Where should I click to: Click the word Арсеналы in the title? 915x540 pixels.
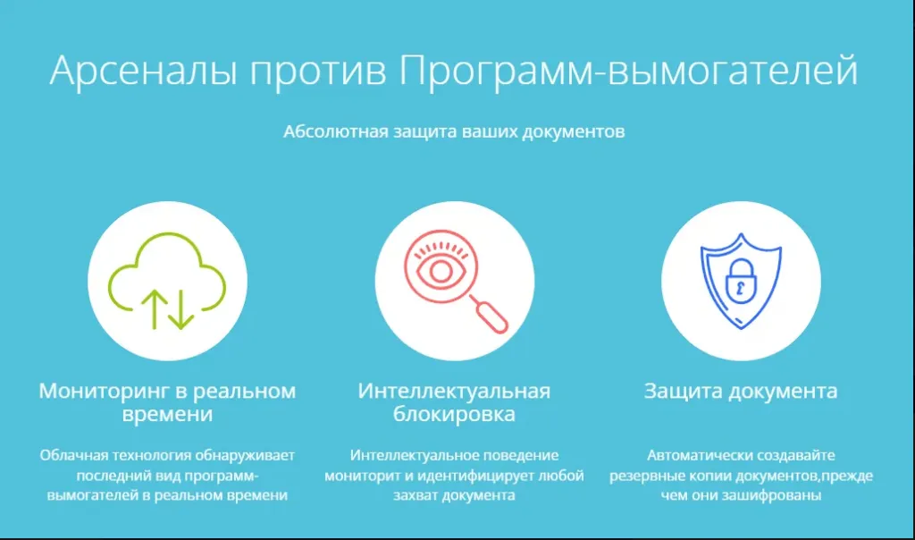[144, 72]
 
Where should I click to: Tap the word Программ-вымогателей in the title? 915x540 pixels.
[628, 72]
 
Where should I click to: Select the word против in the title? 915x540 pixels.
[319, 73]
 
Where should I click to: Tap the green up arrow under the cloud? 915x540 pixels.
[154, 309]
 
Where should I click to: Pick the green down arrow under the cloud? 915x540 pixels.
[180, 309]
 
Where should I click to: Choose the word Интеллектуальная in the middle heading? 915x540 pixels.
[454, 391]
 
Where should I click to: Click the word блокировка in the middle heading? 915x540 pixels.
[454, 414]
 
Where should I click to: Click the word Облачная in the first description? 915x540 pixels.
[74, 455]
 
